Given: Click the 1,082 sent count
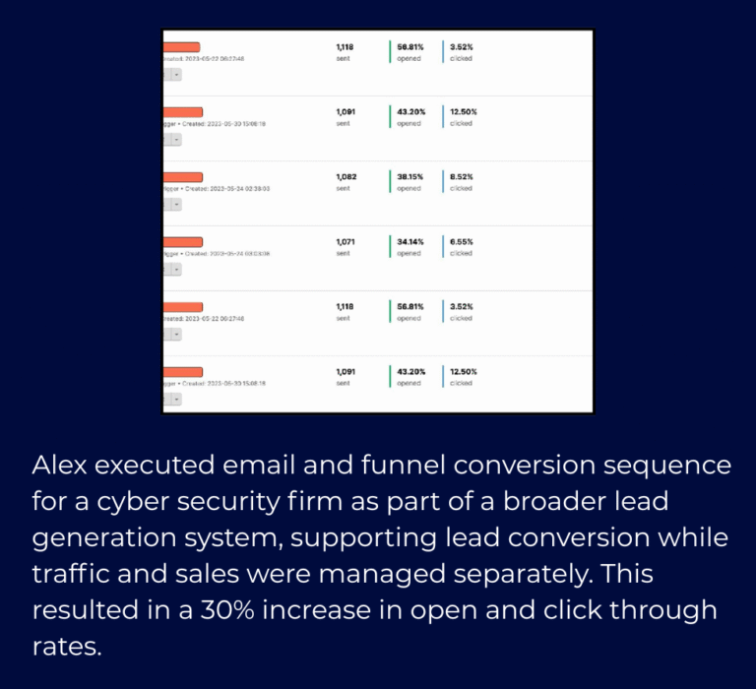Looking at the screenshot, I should tap(346, 177).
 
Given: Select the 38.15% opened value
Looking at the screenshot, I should tap(410, 177).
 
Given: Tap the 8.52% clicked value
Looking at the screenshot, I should tap(462, 177).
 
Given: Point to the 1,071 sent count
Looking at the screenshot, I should tap(346, 242).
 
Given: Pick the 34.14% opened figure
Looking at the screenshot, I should tap(410, 242).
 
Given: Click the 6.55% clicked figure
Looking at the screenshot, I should tap(462, 242).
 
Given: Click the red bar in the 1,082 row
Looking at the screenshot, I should tap(182, 177).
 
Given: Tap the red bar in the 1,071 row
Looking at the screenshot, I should tap(182, 242).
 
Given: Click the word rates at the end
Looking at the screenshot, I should tap(64, 647).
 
